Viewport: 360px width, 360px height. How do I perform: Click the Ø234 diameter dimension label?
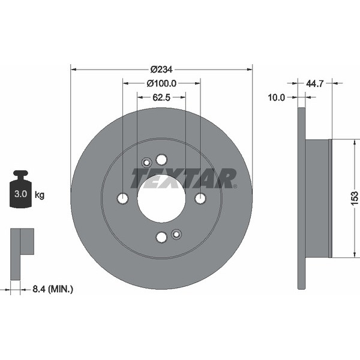click(x=161, y=69)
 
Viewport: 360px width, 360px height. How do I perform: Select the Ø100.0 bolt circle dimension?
click(x=161, y=83)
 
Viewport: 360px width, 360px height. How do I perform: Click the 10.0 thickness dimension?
click(x=276, y=97)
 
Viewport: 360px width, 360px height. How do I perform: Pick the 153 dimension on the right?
click(x=355, y=197)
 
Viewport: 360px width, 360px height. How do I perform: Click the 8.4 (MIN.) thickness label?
click(x=51, y=290)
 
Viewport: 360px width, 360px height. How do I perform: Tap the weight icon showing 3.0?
click(x=21, y=191)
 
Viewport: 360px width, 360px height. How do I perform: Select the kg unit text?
click(x=40, y=195)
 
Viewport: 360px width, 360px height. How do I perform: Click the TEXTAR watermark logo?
click(x=184, y=179)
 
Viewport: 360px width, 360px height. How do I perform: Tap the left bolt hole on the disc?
click(x=123, y=199)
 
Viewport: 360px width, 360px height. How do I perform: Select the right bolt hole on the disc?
click(x=200, y=199)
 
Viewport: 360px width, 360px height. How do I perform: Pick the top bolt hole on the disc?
click(x=161, y=160)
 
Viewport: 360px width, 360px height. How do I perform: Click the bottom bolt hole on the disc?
click(x=161, y=237)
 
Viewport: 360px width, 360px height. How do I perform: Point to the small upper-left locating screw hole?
click(x=146, y=163)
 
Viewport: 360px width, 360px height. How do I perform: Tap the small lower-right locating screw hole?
click(x=176, y=234)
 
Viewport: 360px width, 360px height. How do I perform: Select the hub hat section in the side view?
click(x=319, y=198)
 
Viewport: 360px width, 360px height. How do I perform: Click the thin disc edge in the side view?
click(x=301, y=198)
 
